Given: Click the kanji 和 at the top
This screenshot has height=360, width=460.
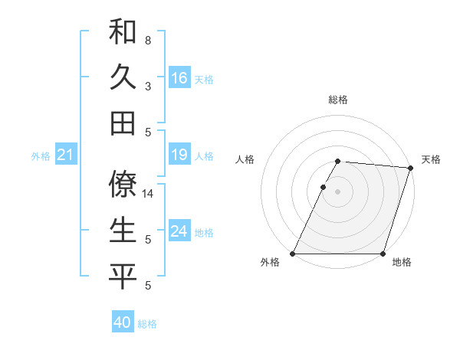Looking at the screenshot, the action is pos(123,31).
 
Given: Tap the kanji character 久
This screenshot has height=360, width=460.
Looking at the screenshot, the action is pos(123,77).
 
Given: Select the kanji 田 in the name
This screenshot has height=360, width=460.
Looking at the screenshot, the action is pos(123,123).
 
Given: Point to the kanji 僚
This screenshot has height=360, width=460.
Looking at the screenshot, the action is pos(123,184).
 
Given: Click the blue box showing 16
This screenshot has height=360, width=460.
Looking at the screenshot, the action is pos(179,78).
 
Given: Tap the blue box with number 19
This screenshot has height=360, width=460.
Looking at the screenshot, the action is pos(179,155).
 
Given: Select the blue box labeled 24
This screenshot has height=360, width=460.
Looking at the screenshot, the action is pos(179,231).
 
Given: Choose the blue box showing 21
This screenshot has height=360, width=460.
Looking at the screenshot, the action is pos(66,155).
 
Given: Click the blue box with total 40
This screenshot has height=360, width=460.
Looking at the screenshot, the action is pos(123,322).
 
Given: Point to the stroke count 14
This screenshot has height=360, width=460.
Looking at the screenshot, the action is pos(149,194).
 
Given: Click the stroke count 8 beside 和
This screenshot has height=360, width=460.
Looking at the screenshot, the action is pos(148,40).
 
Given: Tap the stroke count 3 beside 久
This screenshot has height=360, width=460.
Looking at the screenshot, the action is pos(148,86).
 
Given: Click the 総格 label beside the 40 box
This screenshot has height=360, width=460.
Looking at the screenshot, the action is pos(147,324).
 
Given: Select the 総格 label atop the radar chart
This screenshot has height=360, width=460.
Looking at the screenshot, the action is pos(338,100).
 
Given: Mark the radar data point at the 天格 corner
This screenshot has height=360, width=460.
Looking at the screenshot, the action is pos(411,168).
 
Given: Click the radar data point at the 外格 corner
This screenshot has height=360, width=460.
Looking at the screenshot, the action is pos(293,254).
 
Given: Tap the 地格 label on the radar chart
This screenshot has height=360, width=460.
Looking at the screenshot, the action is pos(402,263).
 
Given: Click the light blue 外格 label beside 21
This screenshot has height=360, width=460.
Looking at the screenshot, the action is pos(41,156).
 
